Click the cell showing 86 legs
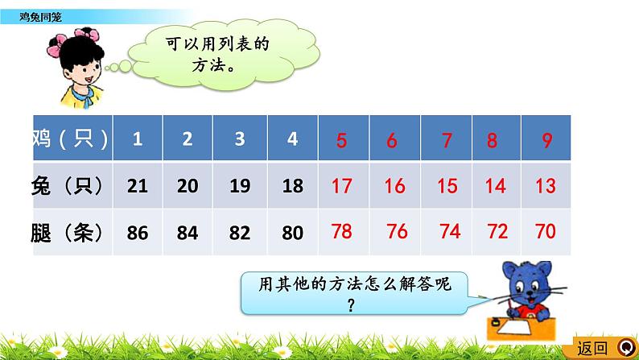(138, 234)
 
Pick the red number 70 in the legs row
(546, 232)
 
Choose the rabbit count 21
(138, 186)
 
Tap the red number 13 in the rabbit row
(546, 186)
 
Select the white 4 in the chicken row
(292, 139)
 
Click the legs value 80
(292, 234)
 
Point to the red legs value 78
(342, 232)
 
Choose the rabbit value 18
(292, 186)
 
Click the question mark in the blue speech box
(352, 304)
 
